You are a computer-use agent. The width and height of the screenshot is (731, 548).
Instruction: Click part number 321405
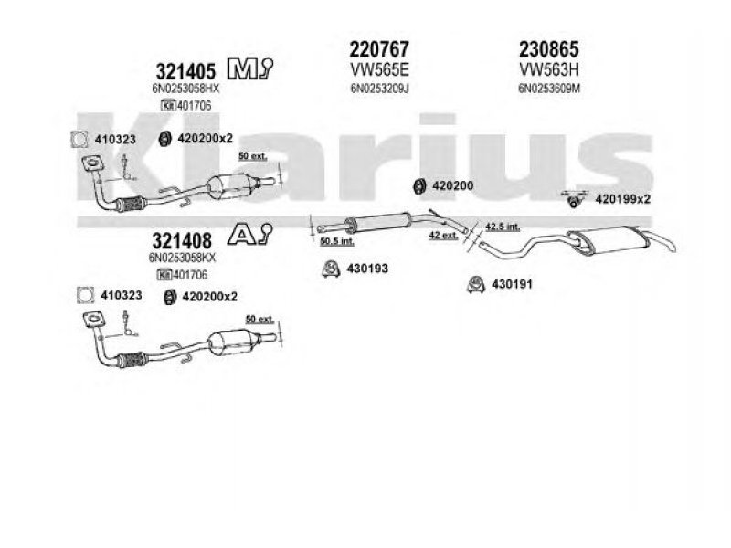coord(185,69)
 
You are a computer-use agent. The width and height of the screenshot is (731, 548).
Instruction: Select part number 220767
coord(378,47)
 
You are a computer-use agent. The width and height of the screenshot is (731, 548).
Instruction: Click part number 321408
coord(181,240)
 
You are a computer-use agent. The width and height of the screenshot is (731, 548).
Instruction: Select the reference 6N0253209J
coord(378,88)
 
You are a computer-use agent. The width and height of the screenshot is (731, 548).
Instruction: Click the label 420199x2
coord(622,198)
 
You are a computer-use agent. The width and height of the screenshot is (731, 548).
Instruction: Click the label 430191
coord(513,283)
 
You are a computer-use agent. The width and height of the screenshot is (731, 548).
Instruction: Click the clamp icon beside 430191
coord(475,283)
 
